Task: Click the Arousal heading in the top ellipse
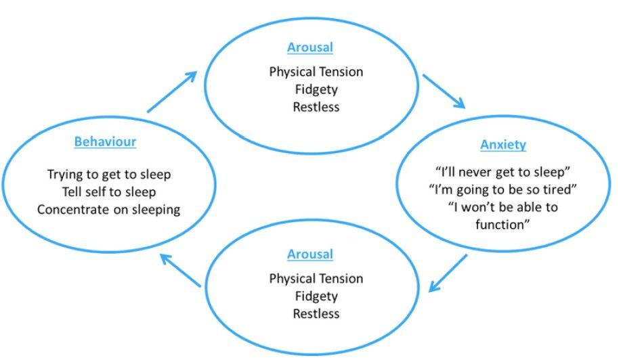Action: [310, 47]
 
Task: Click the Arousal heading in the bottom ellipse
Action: [310, 254]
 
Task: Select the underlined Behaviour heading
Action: [106, 141]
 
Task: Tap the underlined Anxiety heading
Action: [503, 145]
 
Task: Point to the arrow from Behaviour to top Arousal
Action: [172, 92]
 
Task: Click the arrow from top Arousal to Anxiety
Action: [444, 91]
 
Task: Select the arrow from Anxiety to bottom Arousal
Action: [448, 273]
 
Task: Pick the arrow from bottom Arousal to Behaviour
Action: [180, 270]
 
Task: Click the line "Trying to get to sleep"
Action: [109, 175]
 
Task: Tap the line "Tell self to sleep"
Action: [109, 192]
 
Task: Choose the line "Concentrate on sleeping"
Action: [109, 210]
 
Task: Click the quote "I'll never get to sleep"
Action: [503, 172]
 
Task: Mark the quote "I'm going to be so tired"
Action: [503, 189]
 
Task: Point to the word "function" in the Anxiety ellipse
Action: [500, 225]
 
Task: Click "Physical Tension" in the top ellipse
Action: [316, 72]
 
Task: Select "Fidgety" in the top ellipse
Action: [316, 89]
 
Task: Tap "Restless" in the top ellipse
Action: [316, 107]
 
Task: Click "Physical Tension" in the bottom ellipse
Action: [316, 279]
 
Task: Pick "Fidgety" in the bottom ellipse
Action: [316, 296]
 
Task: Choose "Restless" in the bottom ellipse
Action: [316, 314]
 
